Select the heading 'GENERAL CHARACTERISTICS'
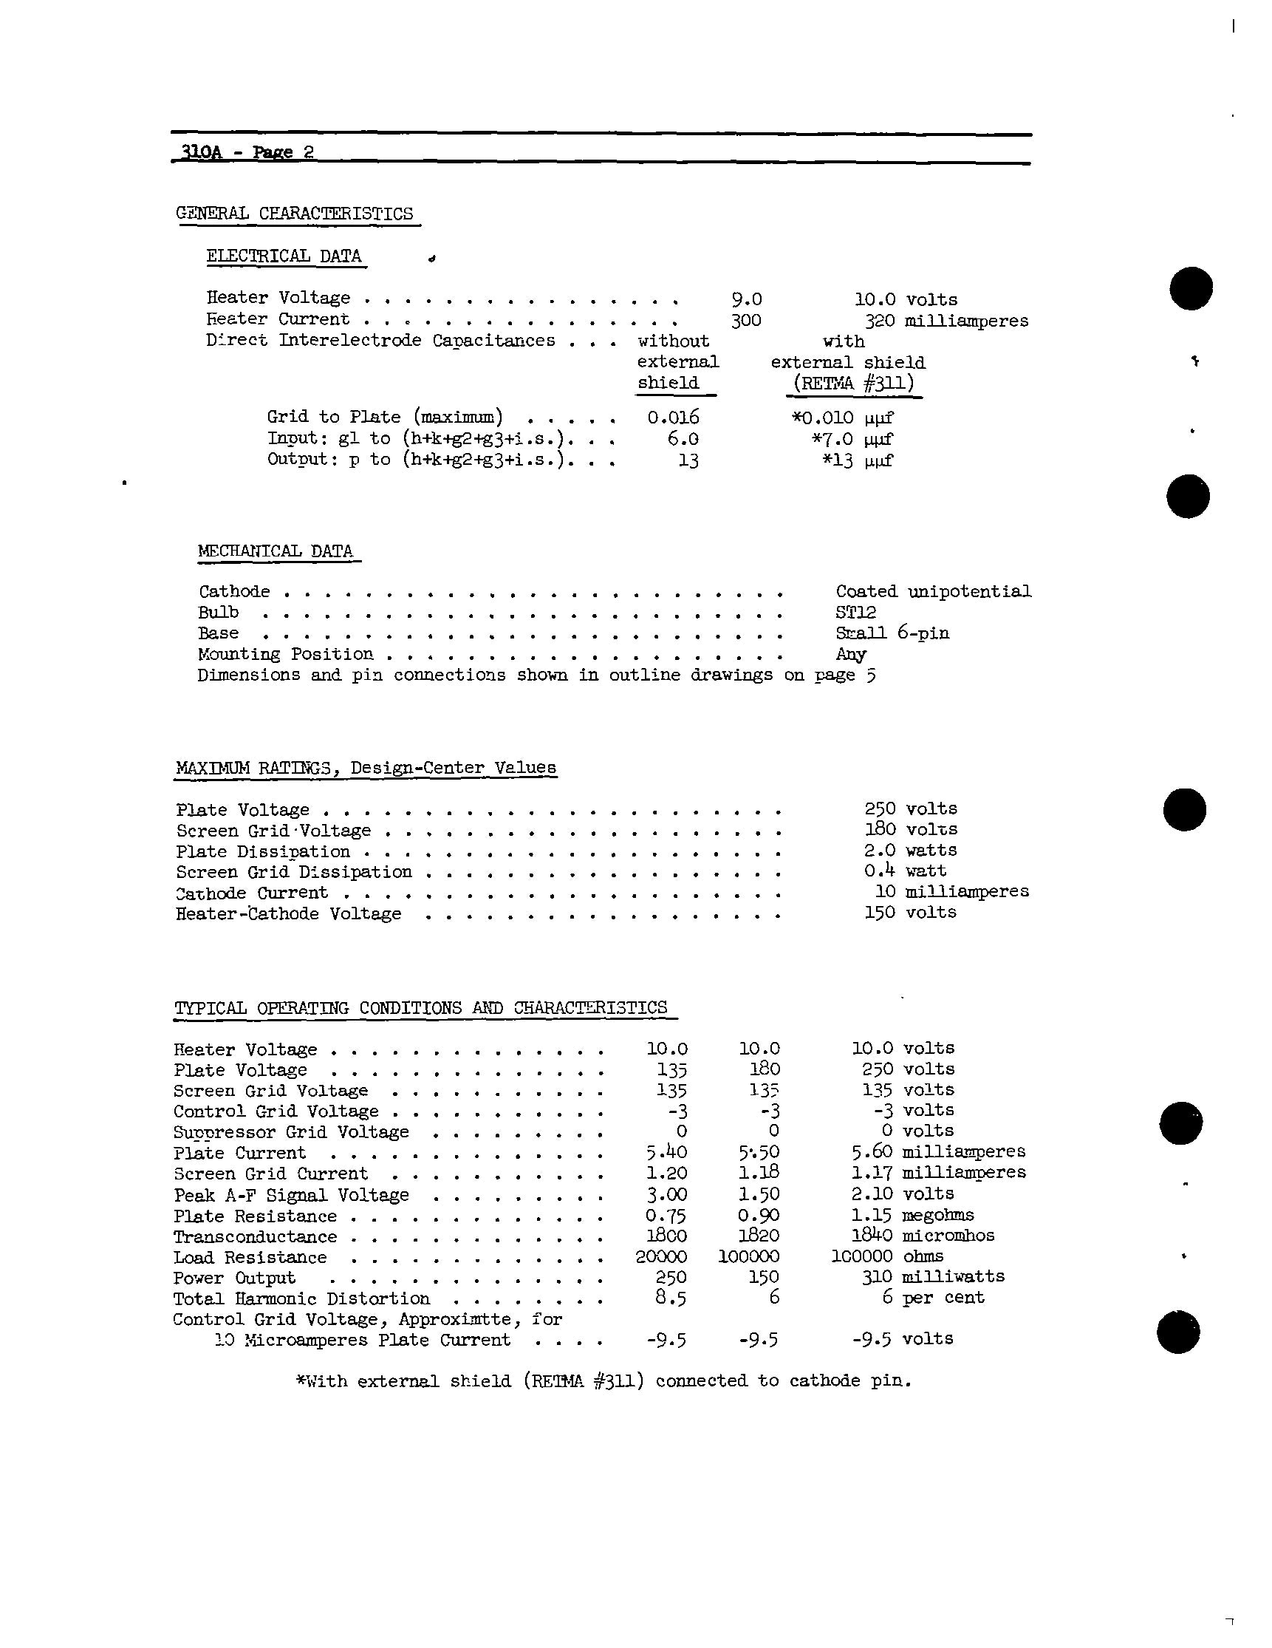coord(294,214)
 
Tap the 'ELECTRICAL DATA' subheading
coord(284,256)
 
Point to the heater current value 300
coord(745,321)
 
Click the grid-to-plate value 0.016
coord(673,418)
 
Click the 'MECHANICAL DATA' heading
coord(276,551)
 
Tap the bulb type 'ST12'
coord(855,612)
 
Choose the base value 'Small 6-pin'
coord(892,633)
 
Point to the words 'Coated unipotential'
coord(932,592)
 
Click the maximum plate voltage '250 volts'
coord(910,809)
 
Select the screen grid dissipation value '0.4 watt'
coord(905,871)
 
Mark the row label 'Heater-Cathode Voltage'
coord(288,914)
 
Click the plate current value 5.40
coord(666,1152)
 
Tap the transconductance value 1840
coord(872,1235)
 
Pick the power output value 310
coord(877,1277)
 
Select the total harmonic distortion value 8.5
coord(668,1298)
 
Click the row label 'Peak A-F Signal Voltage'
coord(291,1194)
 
